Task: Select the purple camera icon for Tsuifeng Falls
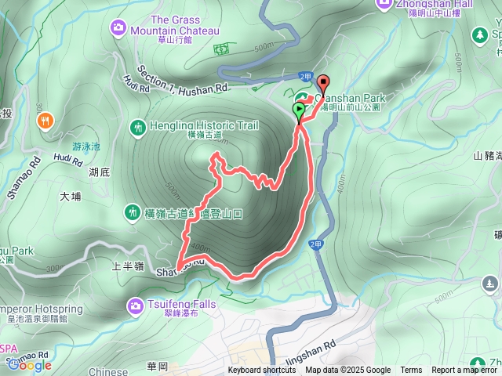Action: [x=134, y=304]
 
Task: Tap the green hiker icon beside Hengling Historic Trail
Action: [x=139, y=126]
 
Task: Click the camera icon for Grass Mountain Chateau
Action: [x=118, y=28]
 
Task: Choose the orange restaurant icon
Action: [x=45, y=121]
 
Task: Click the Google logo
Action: [x=29, y=364]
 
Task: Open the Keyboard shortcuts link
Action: [x=262, y=371]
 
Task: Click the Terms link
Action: [x=411, y=371]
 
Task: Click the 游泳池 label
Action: [x=86, y=146]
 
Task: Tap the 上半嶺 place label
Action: [x=127, y=266]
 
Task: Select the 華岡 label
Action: [x=158, y=365]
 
